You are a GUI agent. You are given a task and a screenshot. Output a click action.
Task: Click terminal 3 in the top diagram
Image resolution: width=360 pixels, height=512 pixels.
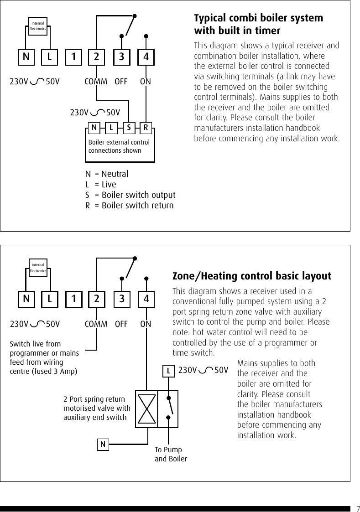point(121,57)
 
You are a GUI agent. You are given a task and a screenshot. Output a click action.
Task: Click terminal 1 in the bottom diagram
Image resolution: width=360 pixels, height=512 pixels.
point(73,300)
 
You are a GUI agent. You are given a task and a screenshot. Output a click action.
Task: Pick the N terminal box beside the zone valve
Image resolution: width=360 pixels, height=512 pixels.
point(103,444)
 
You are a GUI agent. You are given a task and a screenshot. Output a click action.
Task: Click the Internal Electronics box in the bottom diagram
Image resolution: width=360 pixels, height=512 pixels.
point(38,268)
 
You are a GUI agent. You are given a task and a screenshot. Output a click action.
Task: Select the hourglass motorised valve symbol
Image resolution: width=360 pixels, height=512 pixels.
point(146,409)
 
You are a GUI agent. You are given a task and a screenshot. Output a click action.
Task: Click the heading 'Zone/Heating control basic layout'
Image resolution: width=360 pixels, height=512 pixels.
point(252,276)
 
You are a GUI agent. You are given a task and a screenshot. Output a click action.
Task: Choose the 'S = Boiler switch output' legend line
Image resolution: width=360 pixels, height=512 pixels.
point(130,195)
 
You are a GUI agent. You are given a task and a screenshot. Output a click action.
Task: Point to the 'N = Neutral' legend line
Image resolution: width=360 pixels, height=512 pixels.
point(107,174)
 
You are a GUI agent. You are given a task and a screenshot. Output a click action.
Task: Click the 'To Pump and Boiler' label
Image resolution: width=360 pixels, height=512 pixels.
point(171,454)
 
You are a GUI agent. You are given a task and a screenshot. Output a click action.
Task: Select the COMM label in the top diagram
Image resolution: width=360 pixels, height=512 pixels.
point(96,82)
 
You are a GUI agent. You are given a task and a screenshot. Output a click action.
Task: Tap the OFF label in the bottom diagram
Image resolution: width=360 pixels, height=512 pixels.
point(121,324)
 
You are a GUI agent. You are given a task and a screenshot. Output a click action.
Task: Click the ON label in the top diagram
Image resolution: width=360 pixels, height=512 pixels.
point(146,82)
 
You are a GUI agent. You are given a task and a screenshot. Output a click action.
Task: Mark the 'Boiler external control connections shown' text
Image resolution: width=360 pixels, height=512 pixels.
point(119,146)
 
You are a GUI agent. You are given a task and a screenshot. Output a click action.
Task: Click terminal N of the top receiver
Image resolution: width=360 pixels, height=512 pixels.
point(26,57)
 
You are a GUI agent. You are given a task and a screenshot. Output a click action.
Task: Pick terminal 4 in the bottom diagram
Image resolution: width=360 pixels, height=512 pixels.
point(146,300)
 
